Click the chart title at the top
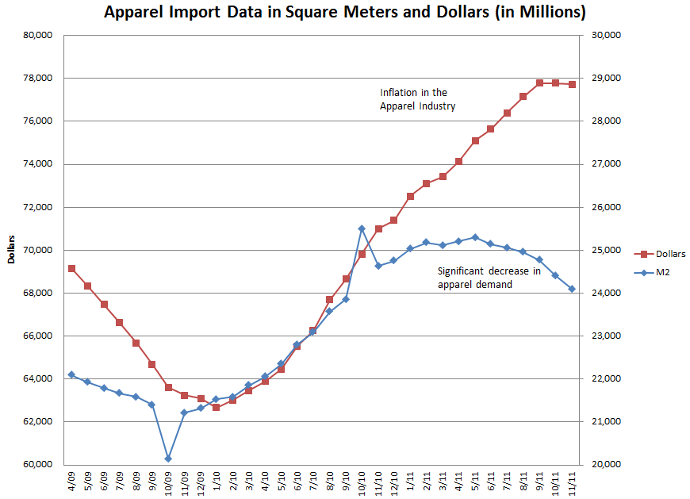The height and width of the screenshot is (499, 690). tap(345, 13)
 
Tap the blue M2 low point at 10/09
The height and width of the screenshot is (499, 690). tap(168, 459)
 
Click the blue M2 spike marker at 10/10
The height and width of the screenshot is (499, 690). tap(362, 228)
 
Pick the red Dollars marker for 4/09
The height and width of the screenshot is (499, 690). tap(71, 268)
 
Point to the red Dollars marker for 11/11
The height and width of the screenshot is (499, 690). tap(572, 84)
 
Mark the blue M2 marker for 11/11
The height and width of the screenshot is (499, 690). tap(572, 289)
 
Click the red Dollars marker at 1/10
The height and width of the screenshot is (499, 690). tap(216, 407)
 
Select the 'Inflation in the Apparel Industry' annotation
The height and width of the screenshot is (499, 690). tap(417, 99)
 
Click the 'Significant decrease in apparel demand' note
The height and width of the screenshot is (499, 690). tap(489, 278)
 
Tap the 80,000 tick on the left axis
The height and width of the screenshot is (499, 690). tap(37, 35)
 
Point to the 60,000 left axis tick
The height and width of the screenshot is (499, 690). tap(37, 464)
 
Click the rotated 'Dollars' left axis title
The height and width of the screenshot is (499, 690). tap(11, 250)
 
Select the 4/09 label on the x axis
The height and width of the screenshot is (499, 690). tap(72, 481)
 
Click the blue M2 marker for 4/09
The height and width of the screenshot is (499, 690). tap(71, 374)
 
